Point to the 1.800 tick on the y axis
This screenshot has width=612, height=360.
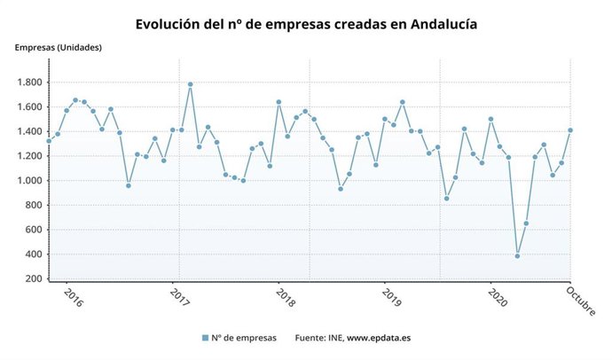point(29,82)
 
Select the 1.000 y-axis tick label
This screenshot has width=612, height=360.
point(29,181)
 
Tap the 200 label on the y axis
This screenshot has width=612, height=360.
point(35,278)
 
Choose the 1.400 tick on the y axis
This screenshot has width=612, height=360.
point(29,131)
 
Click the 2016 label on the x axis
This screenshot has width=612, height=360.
point(74,299)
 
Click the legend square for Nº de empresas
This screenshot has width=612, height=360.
point(205,338)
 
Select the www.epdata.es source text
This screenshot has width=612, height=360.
point(384,338)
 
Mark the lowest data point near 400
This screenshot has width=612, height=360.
point(517,255)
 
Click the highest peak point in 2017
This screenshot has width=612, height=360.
point(190,84)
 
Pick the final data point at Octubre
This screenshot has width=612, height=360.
point(570,130)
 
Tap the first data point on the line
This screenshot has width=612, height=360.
point(49,141)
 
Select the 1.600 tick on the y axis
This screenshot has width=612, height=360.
point(29,107)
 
